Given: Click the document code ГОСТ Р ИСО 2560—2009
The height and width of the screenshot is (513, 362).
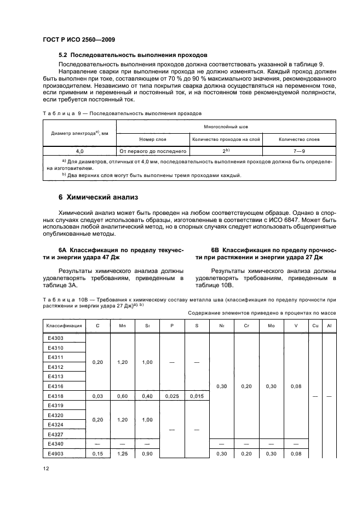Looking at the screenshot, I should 78,39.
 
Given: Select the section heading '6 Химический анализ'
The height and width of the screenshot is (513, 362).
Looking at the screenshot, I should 95,197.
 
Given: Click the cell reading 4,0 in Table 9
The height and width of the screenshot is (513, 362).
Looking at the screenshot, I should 79,150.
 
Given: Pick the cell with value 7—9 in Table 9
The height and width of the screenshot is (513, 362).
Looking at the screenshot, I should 299,150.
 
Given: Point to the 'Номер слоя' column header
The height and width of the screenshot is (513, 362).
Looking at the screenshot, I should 152,139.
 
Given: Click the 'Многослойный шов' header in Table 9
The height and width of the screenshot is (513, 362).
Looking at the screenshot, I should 226,126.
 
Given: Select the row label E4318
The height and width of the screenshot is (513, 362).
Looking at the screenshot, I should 56,396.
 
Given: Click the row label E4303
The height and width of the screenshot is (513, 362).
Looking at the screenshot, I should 56,338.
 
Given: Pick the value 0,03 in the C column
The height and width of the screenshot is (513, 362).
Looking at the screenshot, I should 97,396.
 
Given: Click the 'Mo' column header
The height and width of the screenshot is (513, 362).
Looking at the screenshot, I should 272,326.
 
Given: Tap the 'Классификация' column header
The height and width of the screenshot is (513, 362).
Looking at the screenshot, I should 64,326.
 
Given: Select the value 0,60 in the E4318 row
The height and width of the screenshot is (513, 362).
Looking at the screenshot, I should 123,396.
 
